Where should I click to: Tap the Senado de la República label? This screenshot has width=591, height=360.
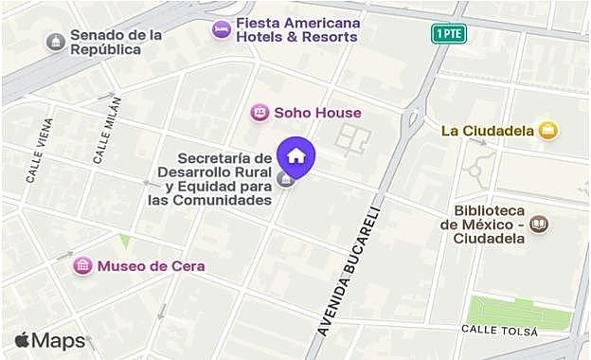click(116, 42)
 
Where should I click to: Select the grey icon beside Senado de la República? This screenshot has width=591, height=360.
click(56, 42)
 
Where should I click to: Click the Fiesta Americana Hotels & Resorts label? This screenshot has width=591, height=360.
click(285, 29)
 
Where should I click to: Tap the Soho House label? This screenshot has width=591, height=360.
click(317, 113)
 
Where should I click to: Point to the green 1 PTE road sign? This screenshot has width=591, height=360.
click(448, 34)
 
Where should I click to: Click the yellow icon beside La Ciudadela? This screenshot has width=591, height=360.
click(546, 131)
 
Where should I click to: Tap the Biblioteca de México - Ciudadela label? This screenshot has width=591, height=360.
click(489, 224)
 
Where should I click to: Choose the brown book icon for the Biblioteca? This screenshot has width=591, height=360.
click(539, 224)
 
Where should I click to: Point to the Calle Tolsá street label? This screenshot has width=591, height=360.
click(499, 331)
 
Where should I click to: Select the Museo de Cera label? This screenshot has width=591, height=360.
click(151, 265)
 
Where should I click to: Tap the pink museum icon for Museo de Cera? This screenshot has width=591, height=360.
click(83, 265)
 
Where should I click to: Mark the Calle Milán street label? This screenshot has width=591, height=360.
click(106, 130)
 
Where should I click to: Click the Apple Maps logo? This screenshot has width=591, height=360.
click(50, 341)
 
